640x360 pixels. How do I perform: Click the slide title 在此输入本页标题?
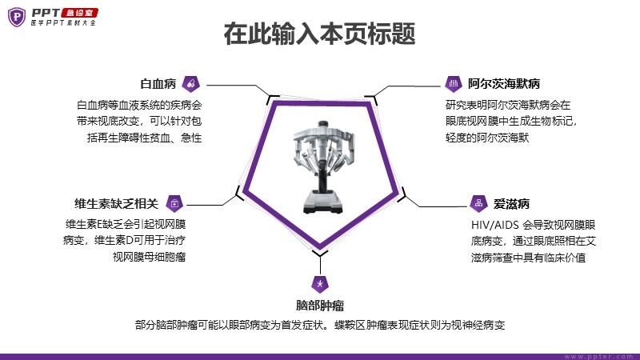(x=319, y=34)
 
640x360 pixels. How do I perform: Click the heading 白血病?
(x=158, y=84)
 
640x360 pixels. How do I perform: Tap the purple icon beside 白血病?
(x=190, y=84)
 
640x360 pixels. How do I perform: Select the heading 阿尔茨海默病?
(x=504, y=84)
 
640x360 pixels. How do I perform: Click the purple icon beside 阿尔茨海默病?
(x=453, y=84)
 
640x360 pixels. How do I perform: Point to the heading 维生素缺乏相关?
(x=116, y=203)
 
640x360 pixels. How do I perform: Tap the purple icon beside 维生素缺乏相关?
(x=174, y=203)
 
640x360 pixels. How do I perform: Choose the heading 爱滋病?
(x=511, y=203)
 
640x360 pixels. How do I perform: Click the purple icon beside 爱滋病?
(x=478, y=203)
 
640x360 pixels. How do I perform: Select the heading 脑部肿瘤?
(x=320, y=306)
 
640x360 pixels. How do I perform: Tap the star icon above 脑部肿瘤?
(x=320, y=284)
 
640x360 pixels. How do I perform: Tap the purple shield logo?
(x=17, y=17)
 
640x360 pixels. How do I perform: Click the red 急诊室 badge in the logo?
(x=80, y=13)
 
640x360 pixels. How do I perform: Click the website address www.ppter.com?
(x=598, y=356)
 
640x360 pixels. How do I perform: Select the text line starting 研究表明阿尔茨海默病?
(x=508, y=105)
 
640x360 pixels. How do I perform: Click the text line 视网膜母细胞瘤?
(x=149, y=257)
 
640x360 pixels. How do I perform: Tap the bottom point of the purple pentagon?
(x=319, y=249)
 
